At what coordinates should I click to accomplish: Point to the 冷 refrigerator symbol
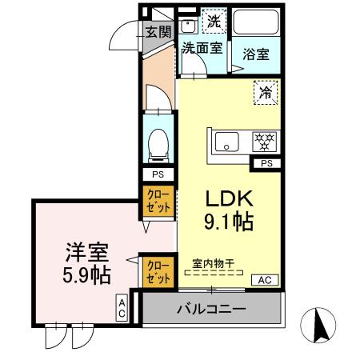266,93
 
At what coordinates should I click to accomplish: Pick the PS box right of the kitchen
265,163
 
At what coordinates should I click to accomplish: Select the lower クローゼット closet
158,270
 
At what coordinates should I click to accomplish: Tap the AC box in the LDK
263,279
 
